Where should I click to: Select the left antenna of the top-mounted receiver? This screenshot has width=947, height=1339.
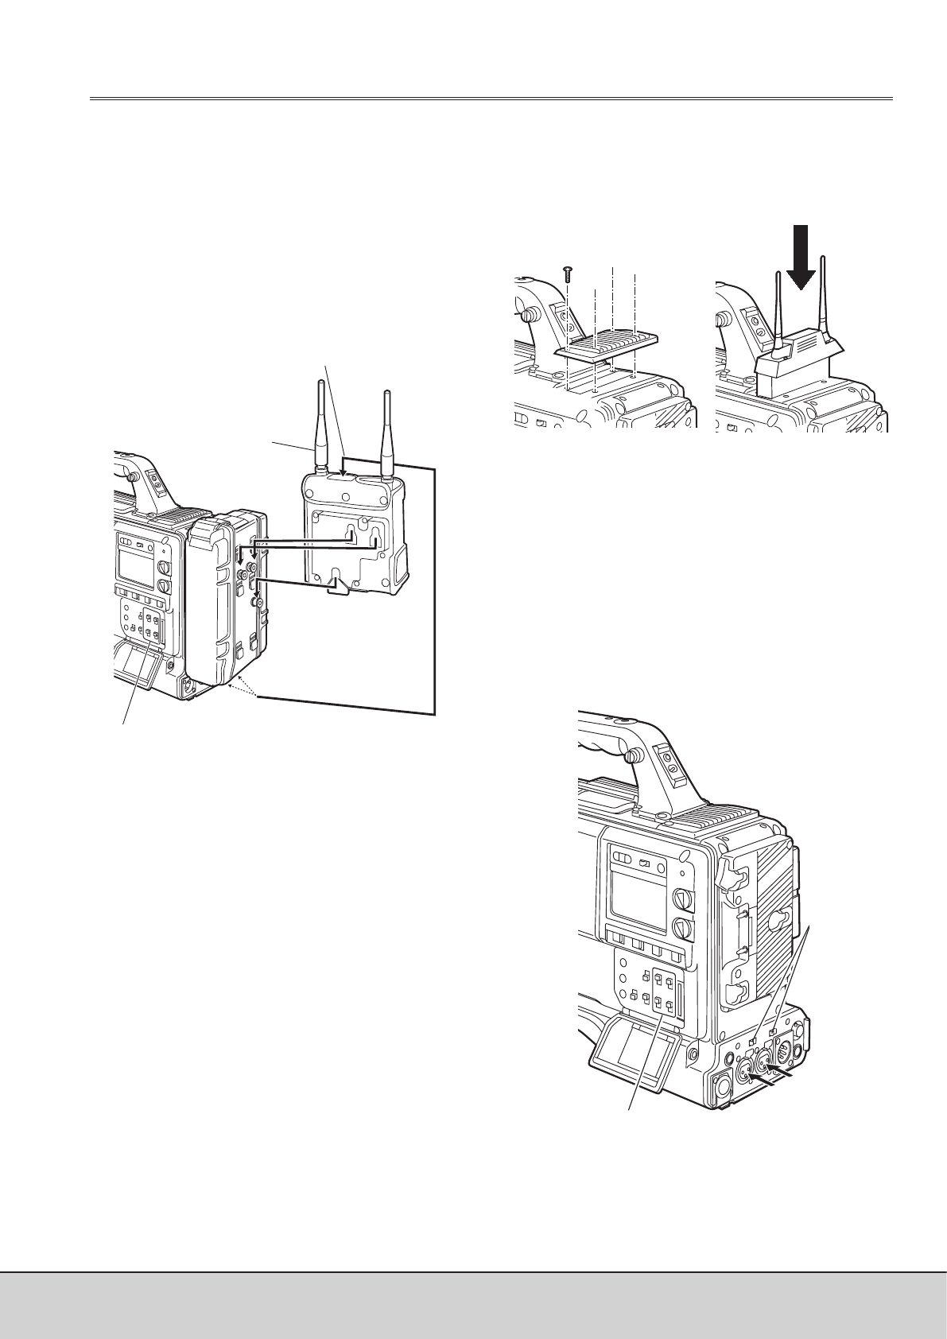pos(775,310)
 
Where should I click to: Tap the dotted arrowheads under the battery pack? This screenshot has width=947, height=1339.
pos(239,688)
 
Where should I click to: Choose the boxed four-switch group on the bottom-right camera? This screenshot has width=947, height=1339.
pos(668,995)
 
